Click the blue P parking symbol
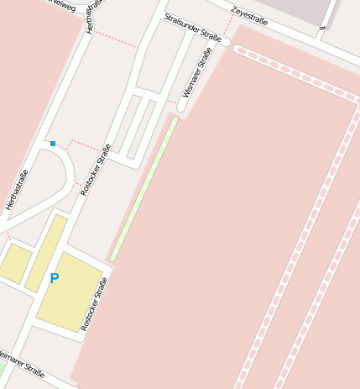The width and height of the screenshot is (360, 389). pos(55,278)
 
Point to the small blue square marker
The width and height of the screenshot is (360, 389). pos(53,144)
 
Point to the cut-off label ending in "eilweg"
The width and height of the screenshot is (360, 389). pos(63,7)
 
